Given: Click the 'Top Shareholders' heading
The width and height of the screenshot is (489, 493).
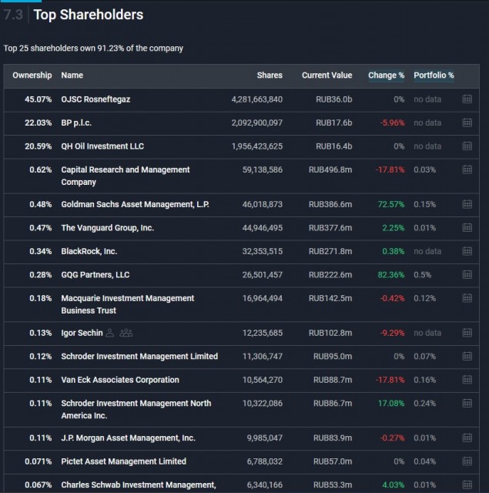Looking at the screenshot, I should [x=88, y=15].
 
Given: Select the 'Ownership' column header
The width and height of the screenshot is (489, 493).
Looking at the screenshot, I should [x=32, y=75].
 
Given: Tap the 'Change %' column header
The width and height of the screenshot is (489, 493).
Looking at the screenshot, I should [x=386, y=75].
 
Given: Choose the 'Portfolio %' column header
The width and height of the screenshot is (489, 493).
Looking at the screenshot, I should [x=434, y=75].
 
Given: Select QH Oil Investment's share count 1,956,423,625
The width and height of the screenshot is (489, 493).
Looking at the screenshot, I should [x=256, y=146].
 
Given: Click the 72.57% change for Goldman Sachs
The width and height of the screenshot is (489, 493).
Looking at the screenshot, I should [x=391, y=204].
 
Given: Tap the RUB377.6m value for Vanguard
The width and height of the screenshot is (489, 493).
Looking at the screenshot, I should [x=330, y=228].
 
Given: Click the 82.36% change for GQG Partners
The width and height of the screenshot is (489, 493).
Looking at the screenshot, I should [x=391, y=275].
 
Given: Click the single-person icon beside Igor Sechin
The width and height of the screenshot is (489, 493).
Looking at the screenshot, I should [x=110, y=333].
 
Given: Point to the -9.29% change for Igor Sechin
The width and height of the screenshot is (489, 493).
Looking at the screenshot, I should [x=392, y=333].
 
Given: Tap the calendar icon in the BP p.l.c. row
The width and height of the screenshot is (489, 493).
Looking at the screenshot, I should [x=467, y=122].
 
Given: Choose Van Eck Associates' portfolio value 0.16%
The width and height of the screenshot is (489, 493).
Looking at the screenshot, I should [x=424, y=380].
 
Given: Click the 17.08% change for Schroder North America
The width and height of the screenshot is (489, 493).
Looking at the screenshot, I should [x=391, y=403].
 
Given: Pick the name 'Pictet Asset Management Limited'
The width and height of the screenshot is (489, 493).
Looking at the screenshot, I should [x=123, y=461].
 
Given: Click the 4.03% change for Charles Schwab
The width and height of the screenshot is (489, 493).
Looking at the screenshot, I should [x=394, y=485].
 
